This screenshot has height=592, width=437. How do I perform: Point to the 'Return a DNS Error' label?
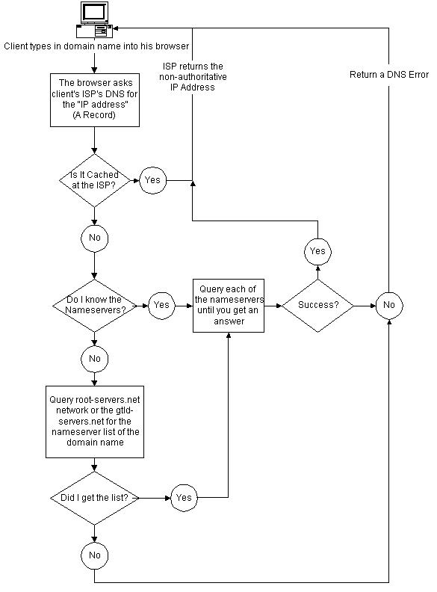click(x=389, y=75)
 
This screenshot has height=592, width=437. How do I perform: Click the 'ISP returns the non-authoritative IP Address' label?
click(x=193, y=77)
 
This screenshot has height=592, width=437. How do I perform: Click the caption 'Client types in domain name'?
click(x=96, y=46)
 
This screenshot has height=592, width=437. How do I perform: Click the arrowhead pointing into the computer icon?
click(x=116, y=28)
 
